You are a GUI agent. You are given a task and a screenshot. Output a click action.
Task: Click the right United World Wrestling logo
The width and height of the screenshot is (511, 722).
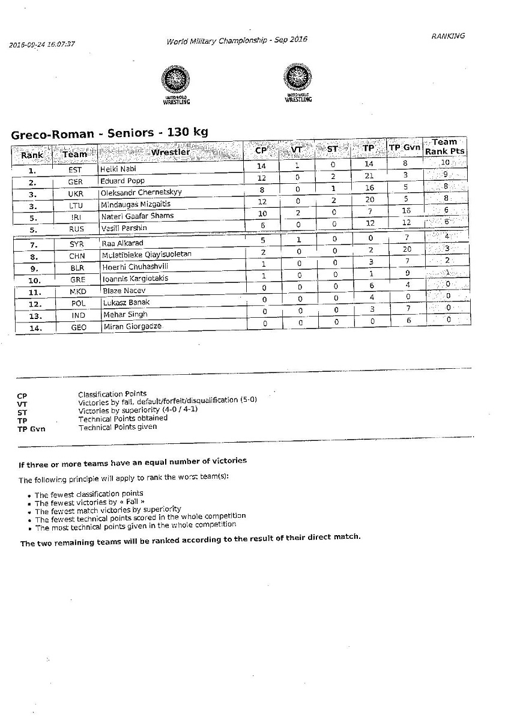tap(298, 83)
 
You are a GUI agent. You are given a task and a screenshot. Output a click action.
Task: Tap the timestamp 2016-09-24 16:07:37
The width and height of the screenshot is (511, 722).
tap(42, 44)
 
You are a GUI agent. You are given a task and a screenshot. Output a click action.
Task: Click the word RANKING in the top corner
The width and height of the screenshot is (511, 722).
tap(448, 36)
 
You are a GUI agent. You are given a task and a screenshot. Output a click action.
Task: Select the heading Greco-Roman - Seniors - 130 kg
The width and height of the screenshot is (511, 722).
tap(109, 133)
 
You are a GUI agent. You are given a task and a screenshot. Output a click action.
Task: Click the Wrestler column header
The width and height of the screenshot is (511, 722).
tap(171, 152)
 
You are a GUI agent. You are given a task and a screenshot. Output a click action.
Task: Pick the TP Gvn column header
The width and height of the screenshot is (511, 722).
tap(404, 148)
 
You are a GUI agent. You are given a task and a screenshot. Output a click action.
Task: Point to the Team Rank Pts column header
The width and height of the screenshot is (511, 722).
tap(445, 147)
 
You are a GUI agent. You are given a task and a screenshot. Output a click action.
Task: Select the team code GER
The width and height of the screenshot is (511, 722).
tap(76, 182)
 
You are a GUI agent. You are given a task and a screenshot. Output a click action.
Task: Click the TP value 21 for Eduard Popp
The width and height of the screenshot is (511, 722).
tap(369, 176)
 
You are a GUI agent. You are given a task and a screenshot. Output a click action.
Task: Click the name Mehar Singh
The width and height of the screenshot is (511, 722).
tap(125, 314)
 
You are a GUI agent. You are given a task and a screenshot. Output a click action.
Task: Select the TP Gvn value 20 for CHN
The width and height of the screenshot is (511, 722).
tap(407, 249)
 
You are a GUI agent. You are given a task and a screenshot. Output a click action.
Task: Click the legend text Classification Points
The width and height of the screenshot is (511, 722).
tap(112, 394)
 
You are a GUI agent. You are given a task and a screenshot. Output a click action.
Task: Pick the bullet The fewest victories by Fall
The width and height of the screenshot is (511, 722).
tap(89, 502)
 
